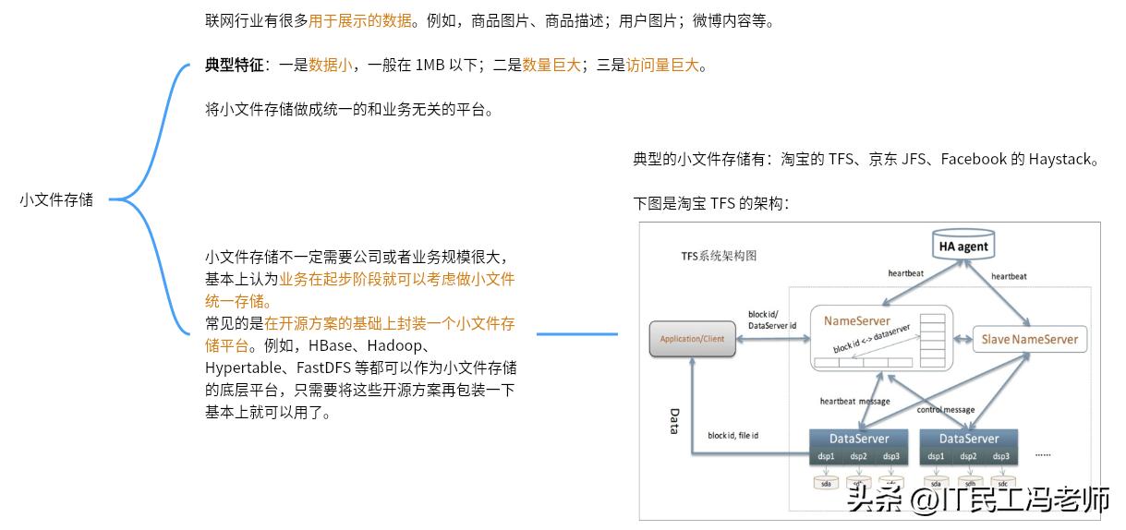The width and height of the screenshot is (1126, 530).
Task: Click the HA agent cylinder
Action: click(x=963, y=246)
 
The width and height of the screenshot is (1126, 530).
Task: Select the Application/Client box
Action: click(x=693, y=339)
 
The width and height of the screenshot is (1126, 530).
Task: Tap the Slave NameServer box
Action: click(x=1029, y=339)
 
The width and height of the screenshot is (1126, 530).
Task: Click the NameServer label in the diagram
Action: click(x=857, y=321)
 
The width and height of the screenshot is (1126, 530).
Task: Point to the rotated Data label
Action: click(x=674, y=421)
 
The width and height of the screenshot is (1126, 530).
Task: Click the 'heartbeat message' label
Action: click(x=854, y=402)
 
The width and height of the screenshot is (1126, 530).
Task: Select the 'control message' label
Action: click(x=945, y=409)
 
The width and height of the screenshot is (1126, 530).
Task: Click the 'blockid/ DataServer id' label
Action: click(x=771, y=320)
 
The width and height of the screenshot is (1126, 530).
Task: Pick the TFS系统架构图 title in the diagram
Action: click(x=719, y=256)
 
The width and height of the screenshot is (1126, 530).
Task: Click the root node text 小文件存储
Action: click(x=56, y=199)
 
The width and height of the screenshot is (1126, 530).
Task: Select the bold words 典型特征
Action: click(x=234, y=65)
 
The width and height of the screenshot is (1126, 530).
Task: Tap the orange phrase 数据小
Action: click(x=331, y=65)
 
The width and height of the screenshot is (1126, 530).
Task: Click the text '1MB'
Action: click(x=430, y=65)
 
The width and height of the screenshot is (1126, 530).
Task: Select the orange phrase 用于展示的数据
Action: click(x=360, y=20)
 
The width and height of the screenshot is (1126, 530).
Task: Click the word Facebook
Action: click(x=973, y=159)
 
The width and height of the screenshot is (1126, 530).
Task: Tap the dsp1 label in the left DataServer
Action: click(x=826, y=456)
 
